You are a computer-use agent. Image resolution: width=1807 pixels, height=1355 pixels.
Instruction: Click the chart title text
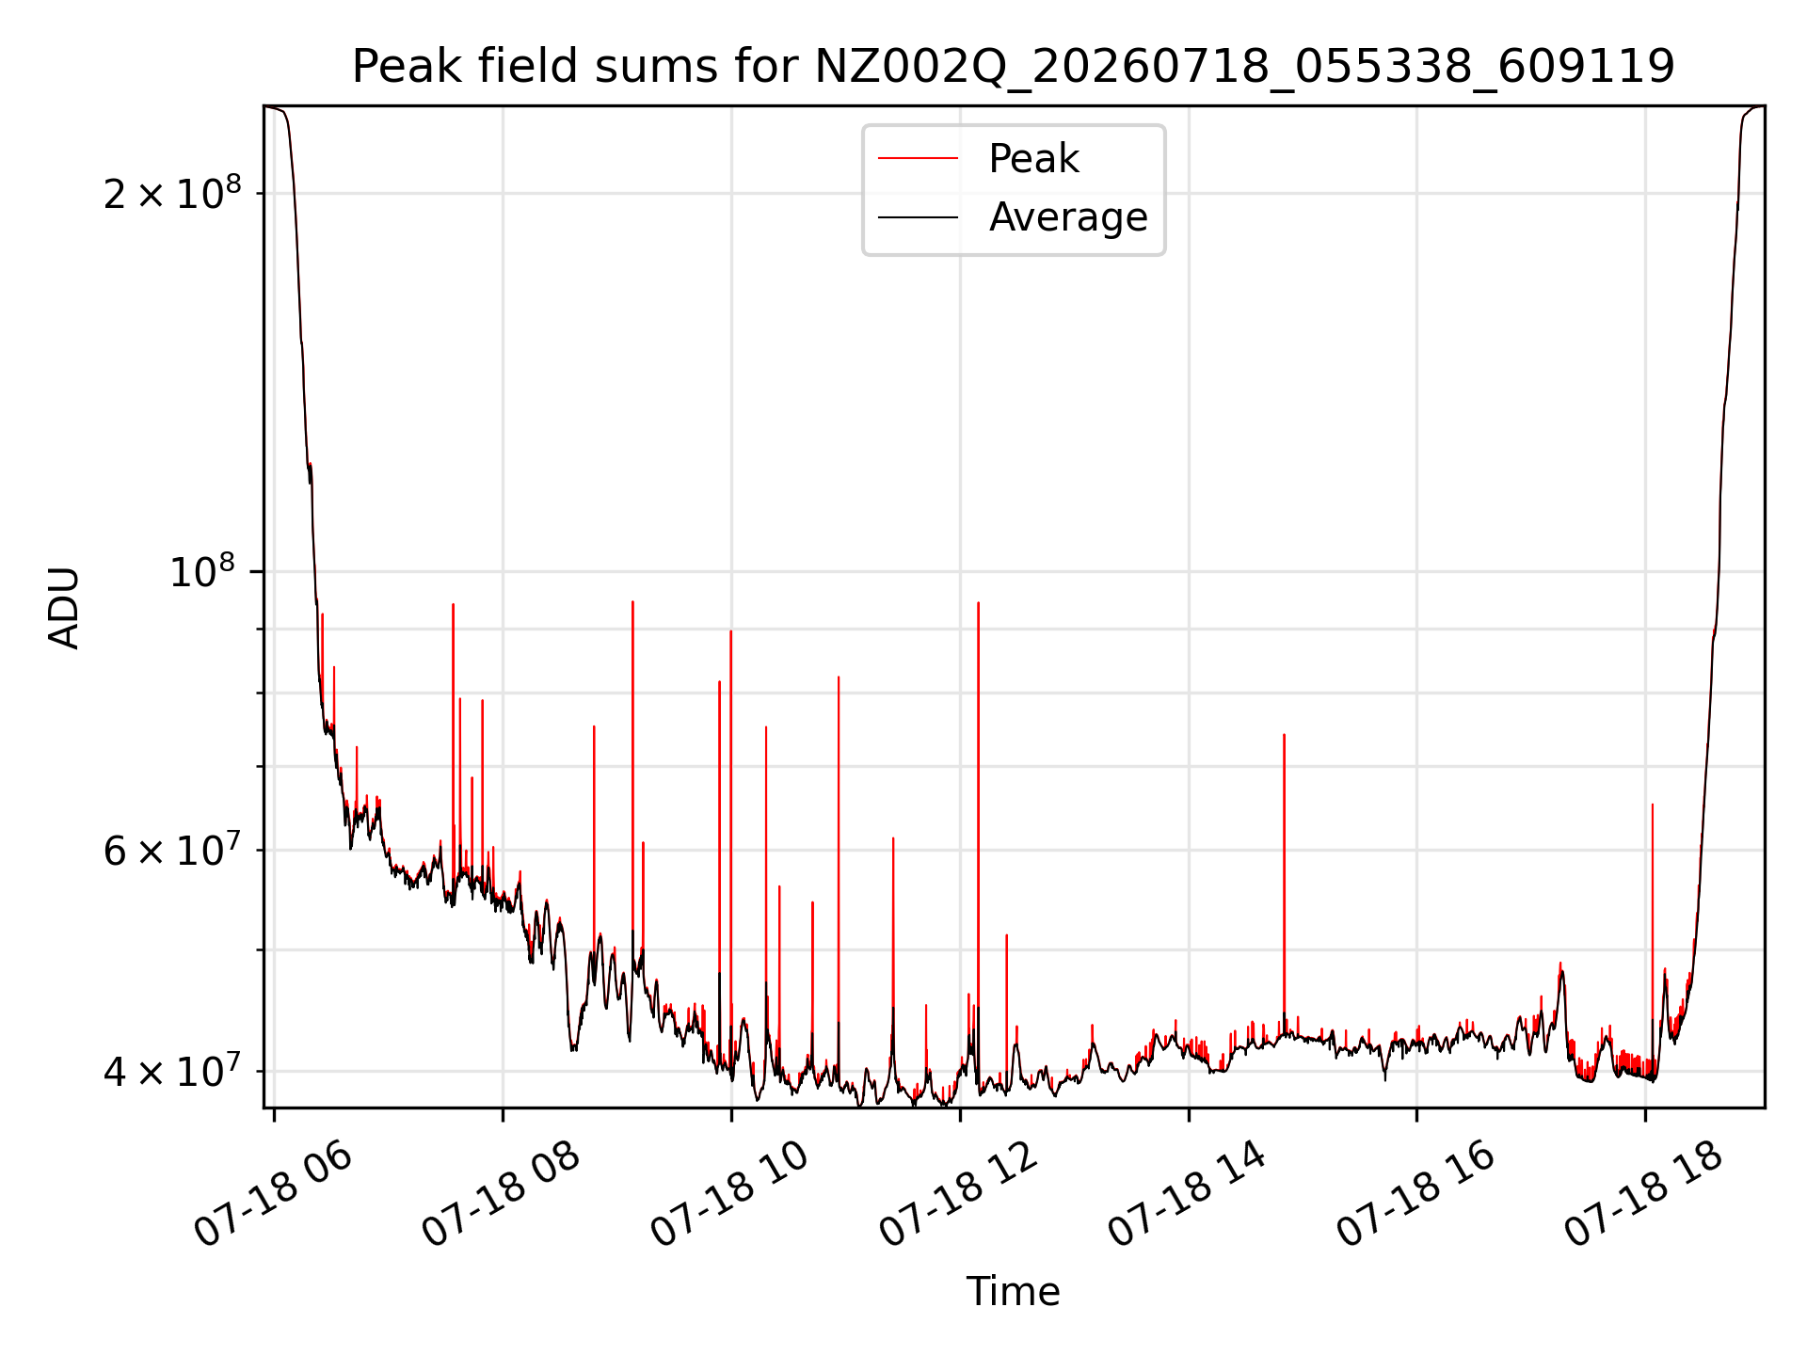pyautogui.click(x=1013, y=67)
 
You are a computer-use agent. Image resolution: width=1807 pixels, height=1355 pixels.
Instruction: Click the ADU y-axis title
pyautogui.click(x=64, y=607)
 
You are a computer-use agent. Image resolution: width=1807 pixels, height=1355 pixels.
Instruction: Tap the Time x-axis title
pyautogui.click(x=1013, y=1291)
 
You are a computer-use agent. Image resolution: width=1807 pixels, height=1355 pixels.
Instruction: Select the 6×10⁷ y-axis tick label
pyautogui.click(x=172, y=849)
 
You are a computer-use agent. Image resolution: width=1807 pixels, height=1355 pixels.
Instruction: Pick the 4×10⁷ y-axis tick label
pyautogui.click(x=172, y=1070)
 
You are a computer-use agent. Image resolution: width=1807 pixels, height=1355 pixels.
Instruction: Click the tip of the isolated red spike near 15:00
pyautogui.click(x=1284, y=735)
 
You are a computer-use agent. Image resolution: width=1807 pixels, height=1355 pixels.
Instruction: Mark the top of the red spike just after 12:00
pyautogui.click(x=979, y=602)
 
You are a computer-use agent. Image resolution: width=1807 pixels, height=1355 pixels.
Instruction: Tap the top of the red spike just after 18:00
pyautogui.click(x=1653, y=805)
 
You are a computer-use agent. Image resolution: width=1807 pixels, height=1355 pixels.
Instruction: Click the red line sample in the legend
pyautogui.click(x=918, y=159)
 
